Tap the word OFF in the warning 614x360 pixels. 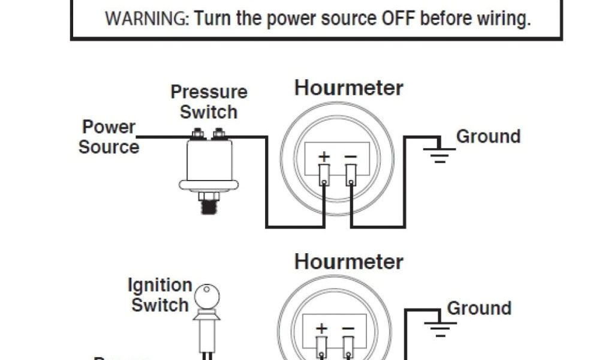coord(398,19)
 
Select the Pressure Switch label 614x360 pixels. coord(209,101)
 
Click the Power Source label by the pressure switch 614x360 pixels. coord(109,137)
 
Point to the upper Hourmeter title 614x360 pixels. coord(349,88)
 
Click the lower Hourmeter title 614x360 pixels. coord(349,262)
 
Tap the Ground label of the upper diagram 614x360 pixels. coord(488,136)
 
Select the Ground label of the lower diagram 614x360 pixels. coord(479,308)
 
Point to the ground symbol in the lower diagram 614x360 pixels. coord(440,329)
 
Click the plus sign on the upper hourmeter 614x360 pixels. coord(324,157)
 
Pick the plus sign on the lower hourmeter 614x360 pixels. coord(322,329)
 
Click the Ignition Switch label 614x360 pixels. coord(160,295)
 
